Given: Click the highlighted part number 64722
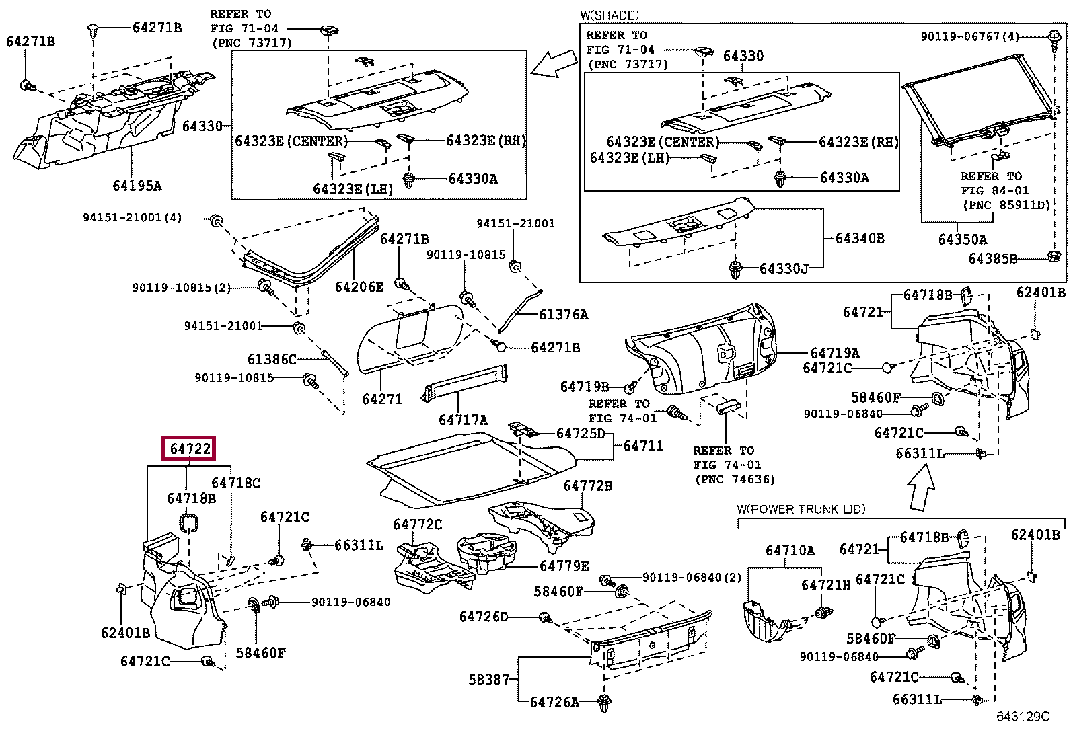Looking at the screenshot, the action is coord(189,449).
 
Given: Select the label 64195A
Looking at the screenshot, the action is coord(137,186).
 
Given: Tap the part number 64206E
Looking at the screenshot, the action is coord(359,286).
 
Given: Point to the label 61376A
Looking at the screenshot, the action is coord(563,315).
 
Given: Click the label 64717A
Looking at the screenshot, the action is coord(463,420).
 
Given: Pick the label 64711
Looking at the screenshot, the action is coord(643,446).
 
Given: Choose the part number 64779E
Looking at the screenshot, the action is coord(564,566).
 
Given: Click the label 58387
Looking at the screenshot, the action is coord(488,679).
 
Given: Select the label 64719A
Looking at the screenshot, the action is coord(835,353).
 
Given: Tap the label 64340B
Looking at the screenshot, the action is coord(860,238).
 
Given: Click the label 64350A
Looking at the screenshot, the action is coord(963,239).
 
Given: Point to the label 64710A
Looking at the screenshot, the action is coord(790,551).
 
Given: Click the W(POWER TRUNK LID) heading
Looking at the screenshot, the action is coord(801,509).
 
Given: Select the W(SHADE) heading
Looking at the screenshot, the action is coord(609,15).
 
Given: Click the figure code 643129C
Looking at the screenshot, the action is coord(1023,716).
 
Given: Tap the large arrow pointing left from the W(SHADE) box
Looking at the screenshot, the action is coord(554,63).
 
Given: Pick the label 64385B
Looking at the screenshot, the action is coord(992,259).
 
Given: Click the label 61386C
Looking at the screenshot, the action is coord(272,359).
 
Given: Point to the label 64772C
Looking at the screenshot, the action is coord(417,524).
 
